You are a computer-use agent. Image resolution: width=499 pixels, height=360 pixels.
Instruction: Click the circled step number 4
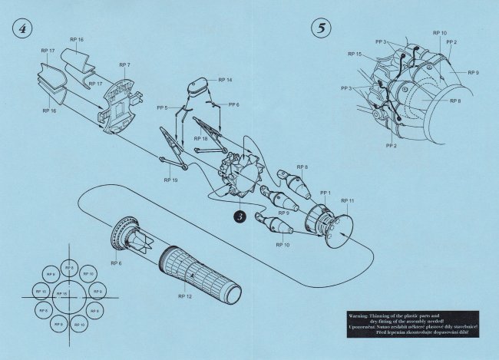[x=21, y=28]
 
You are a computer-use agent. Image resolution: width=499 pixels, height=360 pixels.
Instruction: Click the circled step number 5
[x=319, y=28]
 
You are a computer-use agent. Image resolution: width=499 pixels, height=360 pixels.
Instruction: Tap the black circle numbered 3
[x=240, y=217]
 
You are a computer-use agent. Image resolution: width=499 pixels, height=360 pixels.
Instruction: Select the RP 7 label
[x=124, y=65]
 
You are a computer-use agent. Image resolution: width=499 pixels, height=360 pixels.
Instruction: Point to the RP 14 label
[x=225, y=80]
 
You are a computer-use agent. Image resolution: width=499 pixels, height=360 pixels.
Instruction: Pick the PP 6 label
[x=233, y=104]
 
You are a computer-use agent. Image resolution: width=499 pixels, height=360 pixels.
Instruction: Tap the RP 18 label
[x=200, y=138]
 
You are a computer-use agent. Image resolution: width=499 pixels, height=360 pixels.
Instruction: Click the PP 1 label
[x=325, y=193]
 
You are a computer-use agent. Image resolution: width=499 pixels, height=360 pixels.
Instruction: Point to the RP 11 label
[x=347, y=200]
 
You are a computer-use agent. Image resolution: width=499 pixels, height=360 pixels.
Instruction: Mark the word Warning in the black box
[x=360, y=315]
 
